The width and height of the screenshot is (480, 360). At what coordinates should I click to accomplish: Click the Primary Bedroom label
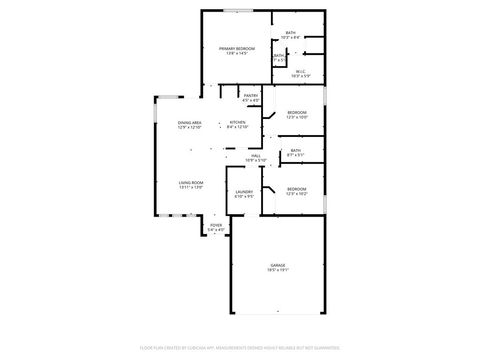coord(238,48)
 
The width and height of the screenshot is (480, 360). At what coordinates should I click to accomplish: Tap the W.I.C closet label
coord(300,71)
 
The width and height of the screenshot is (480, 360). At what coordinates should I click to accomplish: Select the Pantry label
coord(251,96)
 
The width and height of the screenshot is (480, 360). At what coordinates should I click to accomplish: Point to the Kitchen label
coord(237,122)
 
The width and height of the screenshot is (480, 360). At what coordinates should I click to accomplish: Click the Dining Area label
coord(190,122)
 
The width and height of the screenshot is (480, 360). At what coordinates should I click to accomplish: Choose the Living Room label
coord(191,183)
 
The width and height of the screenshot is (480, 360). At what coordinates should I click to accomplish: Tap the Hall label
coord(256,155)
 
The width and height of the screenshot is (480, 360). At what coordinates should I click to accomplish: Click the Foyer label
coord(216,226)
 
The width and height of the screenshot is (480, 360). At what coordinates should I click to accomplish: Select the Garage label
coord(277,265)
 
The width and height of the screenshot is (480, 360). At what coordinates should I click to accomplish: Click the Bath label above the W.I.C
coord(290,33)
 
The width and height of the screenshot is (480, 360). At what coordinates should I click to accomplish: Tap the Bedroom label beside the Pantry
coord(297,112)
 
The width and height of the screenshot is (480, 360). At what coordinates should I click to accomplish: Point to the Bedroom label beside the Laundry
coord(297,189)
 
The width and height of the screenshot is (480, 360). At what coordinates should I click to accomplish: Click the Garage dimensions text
coord(277,270)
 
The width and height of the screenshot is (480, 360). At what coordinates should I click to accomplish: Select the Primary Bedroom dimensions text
coord(238,53)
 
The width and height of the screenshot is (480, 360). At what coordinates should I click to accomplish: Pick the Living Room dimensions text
coord(191,188)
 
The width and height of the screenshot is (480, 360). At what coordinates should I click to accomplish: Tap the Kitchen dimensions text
coord(237,127)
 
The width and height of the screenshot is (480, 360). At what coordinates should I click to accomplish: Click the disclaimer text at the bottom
coord(240,349)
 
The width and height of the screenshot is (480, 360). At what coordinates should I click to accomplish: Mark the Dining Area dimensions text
coord(190,127)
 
